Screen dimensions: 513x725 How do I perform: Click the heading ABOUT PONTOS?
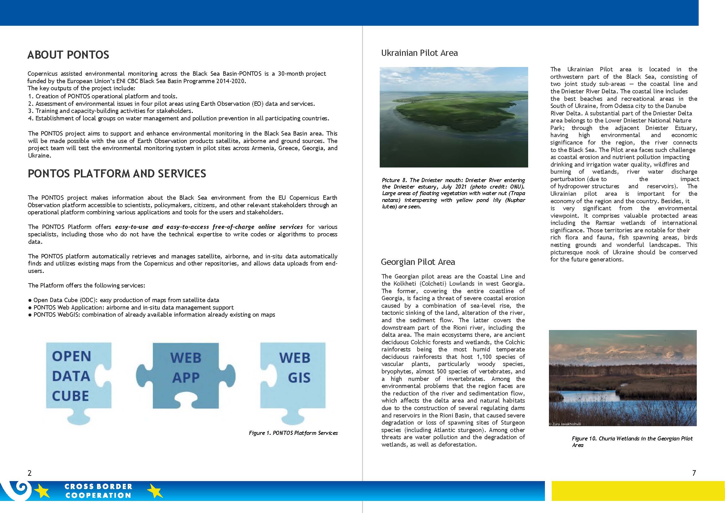click(68, 55)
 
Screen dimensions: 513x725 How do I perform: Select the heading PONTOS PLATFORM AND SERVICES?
click(117, 174)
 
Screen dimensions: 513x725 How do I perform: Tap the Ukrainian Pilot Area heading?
click(419, 53)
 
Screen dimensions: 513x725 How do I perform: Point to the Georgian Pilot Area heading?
click(418, 262)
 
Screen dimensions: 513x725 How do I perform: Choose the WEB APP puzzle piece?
click(186, 376)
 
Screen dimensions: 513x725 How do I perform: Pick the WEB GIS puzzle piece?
click(294, 376)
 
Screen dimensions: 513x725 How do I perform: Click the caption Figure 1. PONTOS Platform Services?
click(293, 433)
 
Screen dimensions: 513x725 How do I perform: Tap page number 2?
click(30, 473)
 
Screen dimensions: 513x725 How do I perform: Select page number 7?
click(694, 473)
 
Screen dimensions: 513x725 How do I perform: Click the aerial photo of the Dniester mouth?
click(453, 117)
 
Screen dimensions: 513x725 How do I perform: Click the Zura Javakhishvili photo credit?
click(565, 424)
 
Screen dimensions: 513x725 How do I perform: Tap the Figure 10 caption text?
click(632, 442)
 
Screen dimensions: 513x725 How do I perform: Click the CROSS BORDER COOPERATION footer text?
click(98, 491)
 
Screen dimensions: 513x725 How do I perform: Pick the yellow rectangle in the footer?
click(638, 491)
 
